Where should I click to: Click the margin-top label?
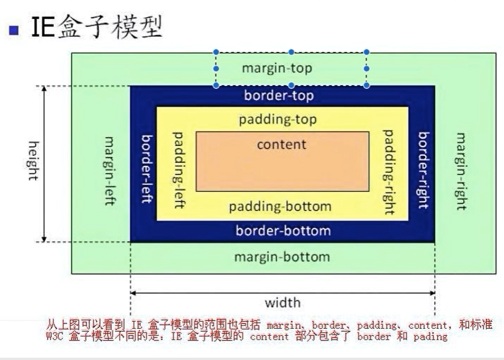(277, 68)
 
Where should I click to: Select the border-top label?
(279, 95)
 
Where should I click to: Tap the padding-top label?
(278, 119)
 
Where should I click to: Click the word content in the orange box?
(281, 144)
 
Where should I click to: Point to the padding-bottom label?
(280, 206)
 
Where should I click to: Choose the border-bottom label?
(283, 231)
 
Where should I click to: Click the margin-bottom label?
(282, 257)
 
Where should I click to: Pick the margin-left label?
(110, 171)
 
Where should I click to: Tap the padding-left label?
(178, 169)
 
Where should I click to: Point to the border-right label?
(423, 170)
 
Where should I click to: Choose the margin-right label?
(461, 171)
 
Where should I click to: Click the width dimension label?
(283, 303)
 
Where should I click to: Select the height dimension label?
(33, 160)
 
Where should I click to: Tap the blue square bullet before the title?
(14, 30)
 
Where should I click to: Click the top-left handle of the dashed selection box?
(216, 52)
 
